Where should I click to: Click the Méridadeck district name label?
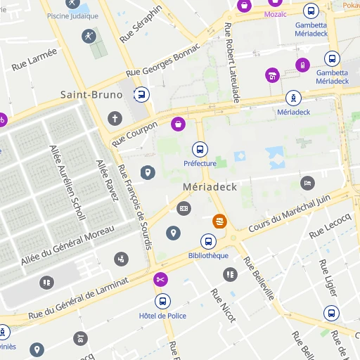(210, 187)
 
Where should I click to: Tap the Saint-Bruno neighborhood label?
(91, 94)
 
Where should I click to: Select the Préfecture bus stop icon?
(200, 148)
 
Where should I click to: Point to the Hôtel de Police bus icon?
(162, 302)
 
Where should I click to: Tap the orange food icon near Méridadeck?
(220, 221)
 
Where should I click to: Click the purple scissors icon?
(161, 279)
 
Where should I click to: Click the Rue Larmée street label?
(34, 57)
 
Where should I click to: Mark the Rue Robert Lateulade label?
(232, 63)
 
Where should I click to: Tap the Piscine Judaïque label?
(72, 15)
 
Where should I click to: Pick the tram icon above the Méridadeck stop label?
(293, 98)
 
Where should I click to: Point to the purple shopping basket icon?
(179, 124)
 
